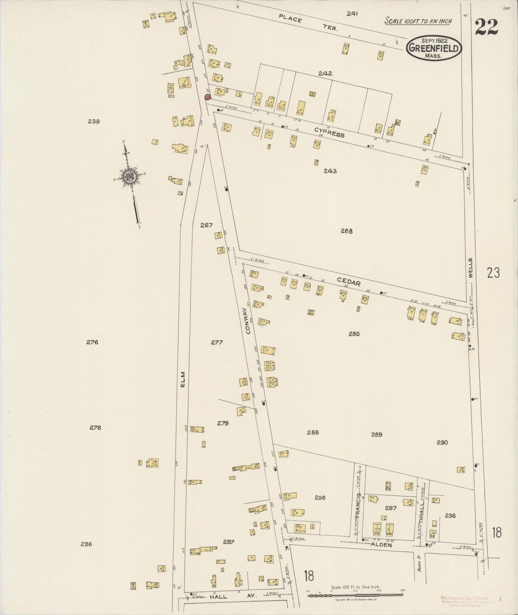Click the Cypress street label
click(x=329, y=132)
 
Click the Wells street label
click(x=470, y=267)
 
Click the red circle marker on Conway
click(x=207, y=97)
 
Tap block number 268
click(x=347, y=231)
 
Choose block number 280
click(x=354, y=334)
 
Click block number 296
click(x=320, y=498)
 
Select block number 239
click(x=94, y=121)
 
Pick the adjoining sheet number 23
click(x=493, y=273)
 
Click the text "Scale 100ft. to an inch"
click(x=418, y=21)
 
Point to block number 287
click(x=228, y=542)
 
